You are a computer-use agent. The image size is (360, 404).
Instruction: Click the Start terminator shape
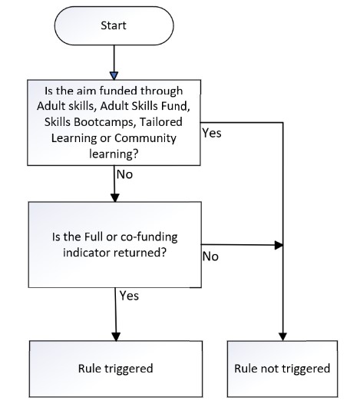114,26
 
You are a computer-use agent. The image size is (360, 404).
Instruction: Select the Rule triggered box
116,369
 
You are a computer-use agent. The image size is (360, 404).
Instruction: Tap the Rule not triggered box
282,369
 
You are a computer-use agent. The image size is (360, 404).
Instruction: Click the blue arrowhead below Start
114,75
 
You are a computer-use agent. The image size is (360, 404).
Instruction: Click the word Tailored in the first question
161,122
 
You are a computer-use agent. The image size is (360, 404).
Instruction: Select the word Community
145,138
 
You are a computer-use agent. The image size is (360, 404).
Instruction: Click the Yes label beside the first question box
212,133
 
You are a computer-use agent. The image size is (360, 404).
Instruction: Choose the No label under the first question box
124,174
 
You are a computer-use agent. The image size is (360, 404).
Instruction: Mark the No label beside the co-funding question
210,257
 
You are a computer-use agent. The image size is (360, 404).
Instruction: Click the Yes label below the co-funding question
129,296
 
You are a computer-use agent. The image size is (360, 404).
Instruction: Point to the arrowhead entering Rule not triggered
282,336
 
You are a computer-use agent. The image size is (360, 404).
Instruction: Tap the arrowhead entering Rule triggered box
116,336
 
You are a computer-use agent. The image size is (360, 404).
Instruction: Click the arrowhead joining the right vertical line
279,245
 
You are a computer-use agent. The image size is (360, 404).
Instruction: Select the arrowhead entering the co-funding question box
115,198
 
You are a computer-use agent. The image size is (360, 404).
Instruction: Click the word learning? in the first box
114,154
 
